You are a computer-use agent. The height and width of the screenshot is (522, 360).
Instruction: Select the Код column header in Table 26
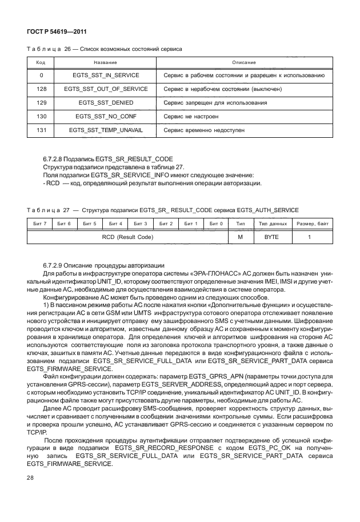41,62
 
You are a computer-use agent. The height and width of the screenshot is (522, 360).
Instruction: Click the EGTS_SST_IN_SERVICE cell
106,75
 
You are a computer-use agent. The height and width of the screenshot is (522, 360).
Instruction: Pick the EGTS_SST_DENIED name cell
106,103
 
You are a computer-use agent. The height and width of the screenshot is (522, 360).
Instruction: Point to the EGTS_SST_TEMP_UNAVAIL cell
106,130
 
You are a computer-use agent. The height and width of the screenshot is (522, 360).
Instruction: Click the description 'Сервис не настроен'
191,117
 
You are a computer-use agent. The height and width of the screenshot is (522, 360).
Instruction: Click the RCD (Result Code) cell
127,237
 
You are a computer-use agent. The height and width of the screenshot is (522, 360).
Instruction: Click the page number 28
31,476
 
